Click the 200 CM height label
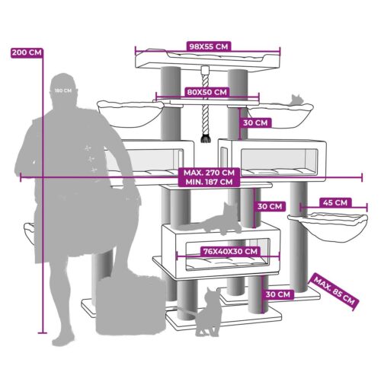coord(27,52)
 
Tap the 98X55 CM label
coord(209,46)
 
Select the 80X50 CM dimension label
coord(207,92)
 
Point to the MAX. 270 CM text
coord(209,173)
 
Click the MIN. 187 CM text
coord(209,182)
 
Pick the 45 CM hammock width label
coord(335,202)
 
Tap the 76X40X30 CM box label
coord(230,252)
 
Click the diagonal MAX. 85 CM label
coord(334,291)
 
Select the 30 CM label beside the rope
coord(255,122)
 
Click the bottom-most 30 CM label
coord(277,294)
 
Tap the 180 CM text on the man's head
coord(63,91)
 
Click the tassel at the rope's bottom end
coord(205,138)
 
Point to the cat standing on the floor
coord(207,312)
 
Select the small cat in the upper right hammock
coord(296,100)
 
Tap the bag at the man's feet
coord(130,305)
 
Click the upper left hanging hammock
coord(130,113)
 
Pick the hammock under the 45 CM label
coord(328,227)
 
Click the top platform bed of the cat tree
coord(207,60)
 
